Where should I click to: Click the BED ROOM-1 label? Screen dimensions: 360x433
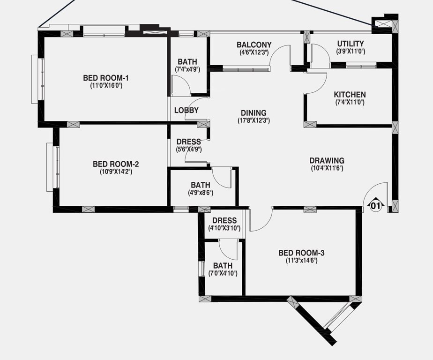tap(106, 78)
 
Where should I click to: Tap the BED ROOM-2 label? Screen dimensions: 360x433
tap(116, 164)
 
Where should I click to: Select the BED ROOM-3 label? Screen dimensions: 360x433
tap(301, 253)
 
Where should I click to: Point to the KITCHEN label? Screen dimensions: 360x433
tap(350, 95)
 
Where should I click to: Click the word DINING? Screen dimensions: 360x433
tap(254, 113)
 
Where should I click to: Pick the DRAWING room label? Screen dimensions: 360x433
tap(327, 160)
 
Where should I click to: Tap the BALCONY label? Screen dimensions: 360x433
tap(254, 45)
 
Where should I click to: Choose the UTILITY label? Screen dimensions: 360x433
tap(351, 44)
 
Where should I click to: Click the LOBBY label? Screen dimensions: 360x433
tap(187, 111)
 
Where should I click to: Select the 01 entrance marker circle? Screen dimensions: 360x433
tap(375, 205)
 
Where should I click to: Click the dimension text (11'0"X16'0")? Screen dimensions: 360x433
tap(106, 85)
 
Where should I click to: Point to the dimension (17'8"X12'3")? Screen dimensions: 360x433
tap(254, 120)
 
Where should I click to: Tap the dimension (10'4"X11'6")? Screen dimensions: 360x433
tap(327, 168)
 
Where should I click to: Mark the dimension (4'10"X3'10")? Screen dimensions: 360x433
tap(224, 228)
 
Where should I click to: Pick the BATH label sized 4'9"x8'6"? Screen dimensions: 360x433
tap(200, 185)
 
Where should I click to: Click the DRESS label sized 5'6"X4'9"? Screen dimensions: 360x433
tap(188, 142)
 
